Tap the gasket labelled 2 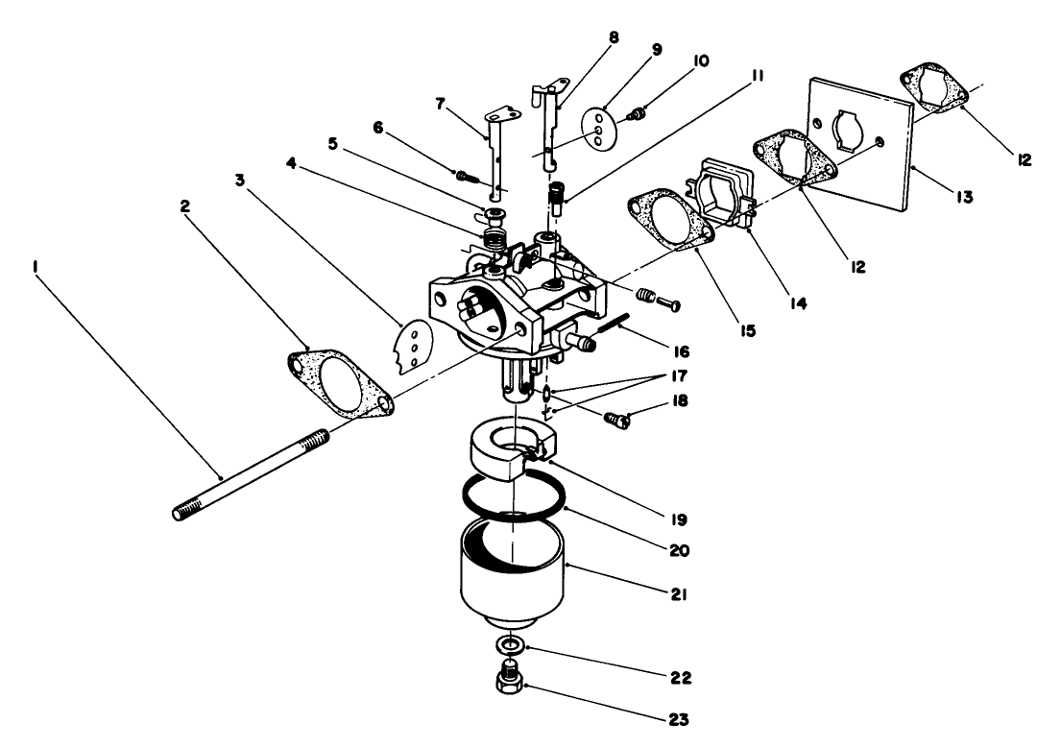click(342, 384)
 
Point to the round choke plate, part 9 click(600, 126)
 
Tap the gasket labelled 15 click(672, 227)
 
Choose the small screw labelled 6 click(467, 175)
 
